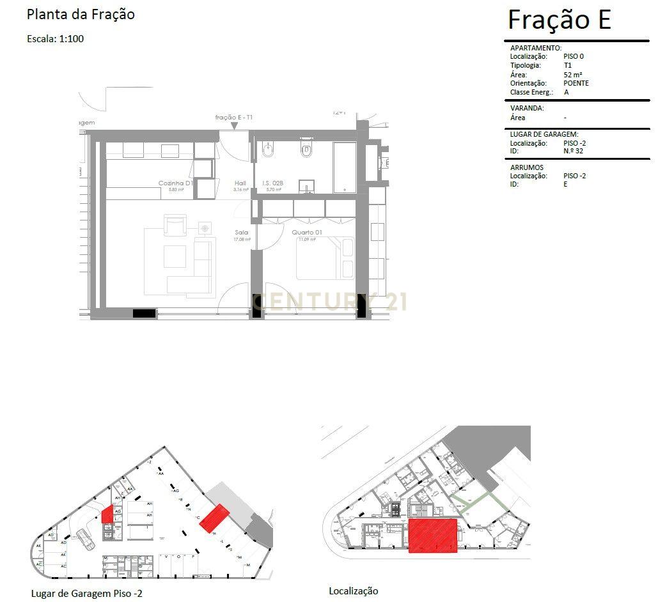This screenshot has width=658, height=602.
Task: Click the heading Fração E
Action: pos(559,20)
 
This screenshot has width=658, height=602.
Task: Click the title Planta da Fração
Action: pos(81,14)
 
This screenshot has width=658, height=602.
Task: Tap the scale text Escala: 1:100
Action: pos(56,38)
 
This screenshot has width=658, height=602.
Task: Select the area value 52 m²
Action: pos(572,74)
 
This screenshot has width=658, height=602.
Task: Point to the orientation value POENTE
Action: pos(576,83)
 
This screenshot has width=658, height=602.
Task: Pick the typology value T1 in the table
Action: pos(567,65)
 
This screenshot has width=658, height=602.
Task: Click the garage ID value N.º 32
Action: pos(573,151)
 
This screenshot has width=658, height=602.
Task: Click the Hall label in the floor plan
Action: pos(240,183)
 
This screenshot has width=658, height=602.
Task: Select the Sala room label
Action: pos(241,233)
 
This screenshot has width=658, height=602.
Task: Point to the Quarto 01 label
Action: pos(306,233)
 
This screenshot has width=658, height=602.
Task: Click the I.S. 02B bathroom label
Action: pos(272,183)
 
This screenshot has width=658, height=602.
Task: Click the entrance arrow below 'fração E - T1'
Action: pos(235,126)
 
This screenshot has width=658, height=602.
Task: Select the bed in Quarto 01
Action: pos(325,258)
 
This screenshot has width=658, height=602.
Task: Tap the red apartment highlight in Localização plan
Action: pos(433,536)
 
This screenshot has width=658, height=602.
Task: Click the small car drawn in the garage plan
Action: pos(86,539)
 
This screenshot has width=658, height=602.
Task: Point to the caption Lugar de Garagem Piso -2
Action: pos(86,594)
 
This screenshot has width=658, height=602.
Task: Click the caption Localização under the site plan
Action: pos(353,591)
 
